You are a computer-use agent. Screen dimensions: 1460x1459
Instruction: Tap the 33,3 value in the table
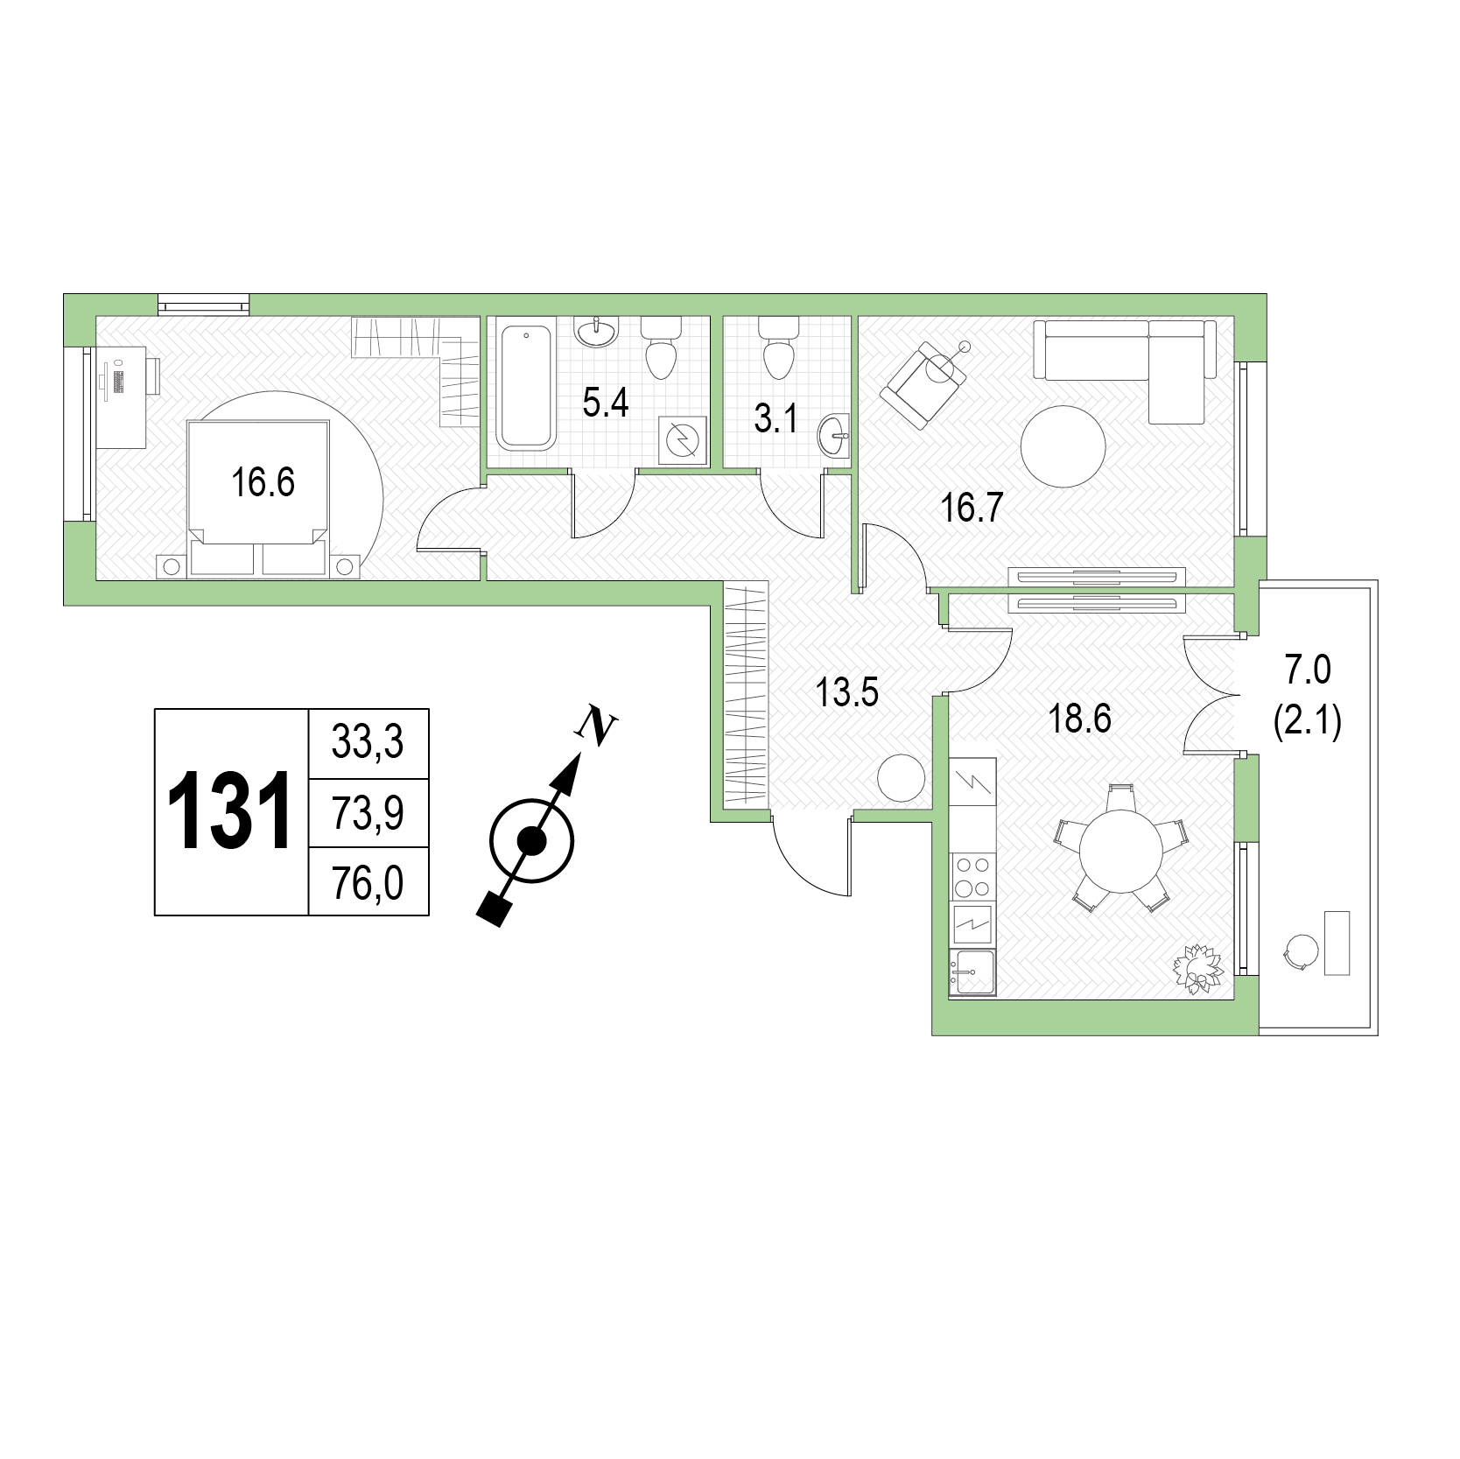(x=368, y=743)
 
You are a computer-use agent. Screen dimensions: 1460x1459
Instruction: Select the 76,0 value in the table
(x=368, y=884)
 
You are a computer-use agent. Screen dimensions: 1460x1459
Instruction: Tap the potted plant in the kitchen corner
(x=1197, y=968)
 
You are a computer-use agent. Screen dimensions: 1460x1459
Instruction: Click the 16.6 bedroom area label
(x=263, y=482)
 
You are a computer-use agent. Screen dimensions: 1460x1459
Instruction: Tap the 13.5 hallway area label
(x=846, y=694)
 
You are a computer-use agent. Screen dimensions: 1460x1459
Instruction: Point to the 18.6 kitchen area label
(x=1079, y=719)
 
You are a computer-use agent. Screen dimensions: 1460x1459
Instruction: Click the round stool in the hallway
(x=901, y=778)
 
